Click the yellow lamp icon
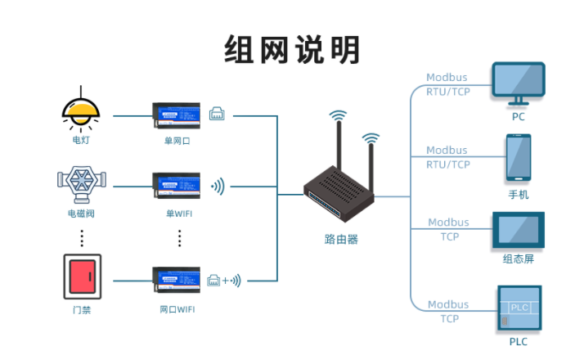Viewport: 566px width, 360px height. pyautogui.click(x=81, y=112)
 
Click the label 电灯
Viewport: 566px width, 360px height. pyautogui.click(x=81, y=140)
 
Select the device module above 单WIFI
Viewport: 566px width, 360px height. pyautogui.click(x=176, y=186)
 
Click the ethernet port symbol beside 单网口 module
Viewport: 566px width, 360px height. pyautogui.click(x=218, y=114)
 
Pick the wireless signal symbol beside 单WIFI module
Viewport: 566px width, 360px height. pyautogui.click(x=218, y=187)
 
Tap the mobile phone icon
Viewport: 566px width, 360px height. pyautogui.click(x=518, y=159)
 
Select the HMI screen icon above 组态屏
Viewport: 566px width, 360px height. pyautogui.click(x=518, y=230)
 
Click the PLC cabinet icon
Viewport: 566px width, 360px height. pyautogui.click(x=519, y=308)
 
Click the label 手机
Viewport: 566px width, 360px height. pyautogui.click(x=519, y=195)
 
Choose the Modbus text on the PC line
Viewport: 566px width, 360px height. pyautogui.click(x=447, y=79)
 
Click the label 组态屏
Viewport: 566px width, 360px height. pyautogui.click(x=519, y=259)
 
